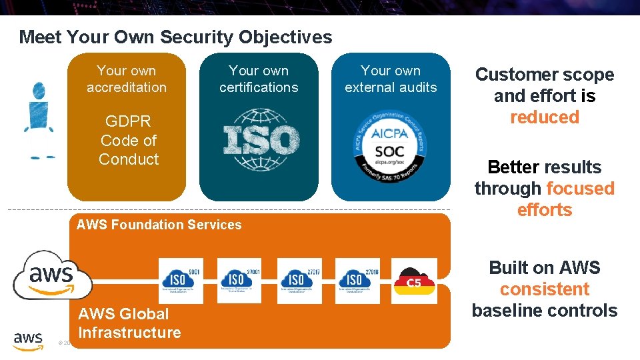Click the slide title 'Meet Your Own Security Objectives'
175,37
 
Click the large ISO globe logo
261,141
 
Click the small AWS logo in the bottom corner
28,341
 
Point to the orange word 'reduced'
545,117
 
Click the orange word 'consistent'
545,289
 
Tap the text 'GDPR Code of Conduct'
128,141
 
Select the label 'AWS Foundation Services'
159,225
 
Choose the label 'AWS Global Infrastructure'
129,323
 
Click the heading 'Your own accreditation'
127,79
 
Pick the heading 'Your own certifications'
259,79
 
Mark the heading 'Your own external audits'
391,79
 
